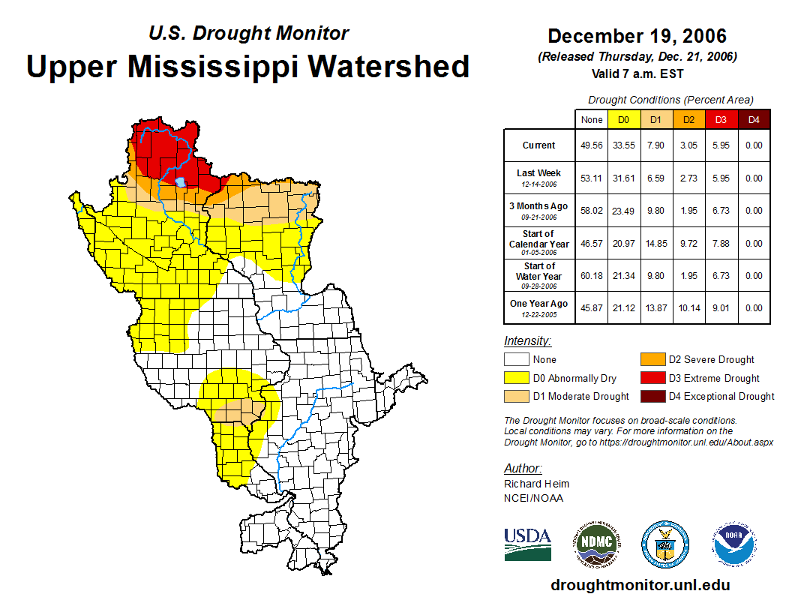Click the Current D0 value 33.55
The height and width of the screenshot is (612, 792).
624,145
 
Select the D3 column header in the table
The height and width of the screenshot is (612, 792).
721,119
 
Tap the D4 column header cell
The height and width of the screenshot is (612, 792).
754,119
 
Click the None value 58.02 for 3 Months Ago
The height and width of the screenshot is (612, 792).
592,211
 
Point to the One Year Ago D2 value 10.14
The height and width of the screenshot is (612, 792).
689,308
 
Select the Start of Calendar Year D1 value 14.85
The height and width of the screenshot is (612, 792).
657,244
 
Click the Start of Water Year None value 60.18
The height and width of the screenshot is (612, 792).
592,276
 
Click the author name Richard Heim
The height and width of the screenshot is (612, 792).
536,484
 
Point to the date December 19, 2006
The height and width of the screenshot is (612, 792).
637,36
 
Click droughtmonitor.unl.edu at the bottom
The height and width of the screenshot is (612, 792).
640,585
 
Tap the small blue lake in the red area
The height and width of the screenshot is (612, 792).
180,181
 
